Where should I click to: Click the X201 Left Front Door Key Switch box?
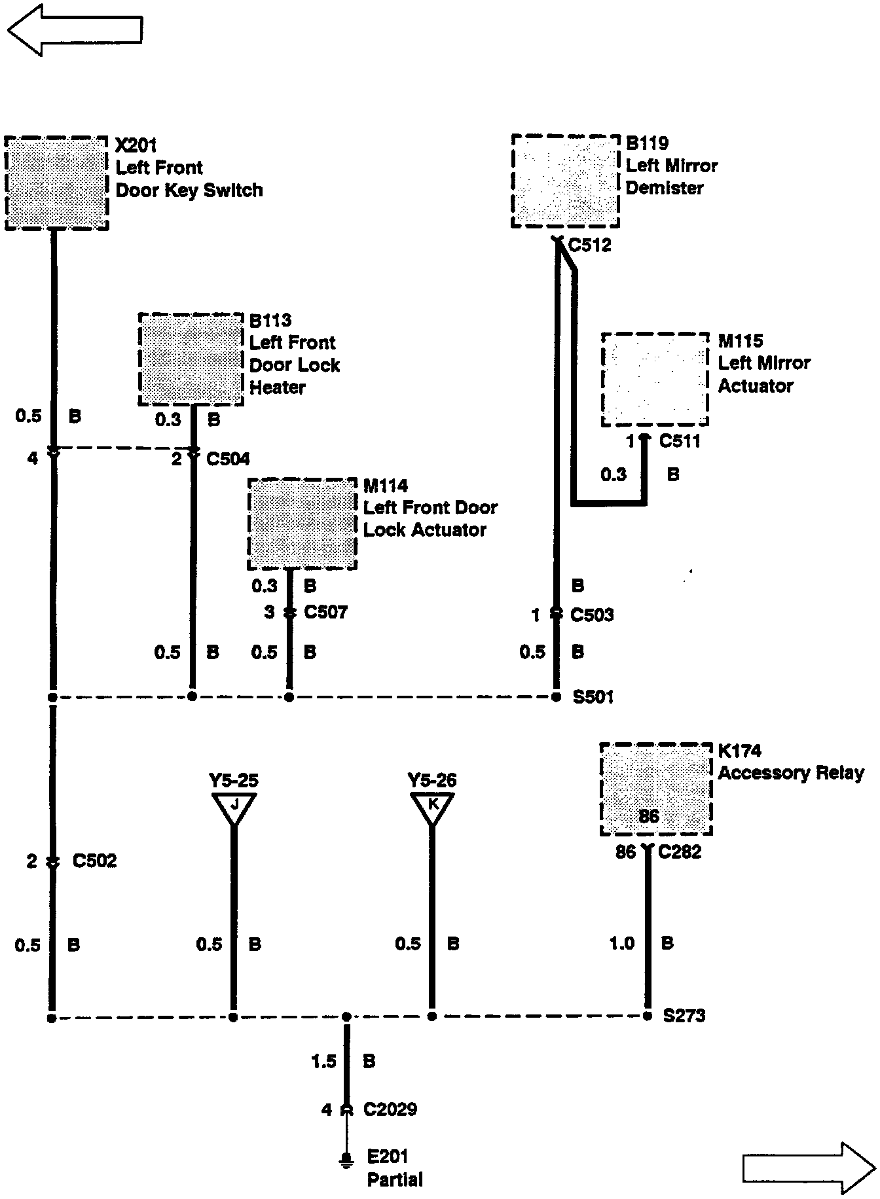pos(56,183)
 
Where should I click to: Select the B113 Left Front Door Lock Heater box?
pos(191,359)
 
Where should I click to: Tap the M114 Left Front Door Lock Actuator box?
pos(302,524)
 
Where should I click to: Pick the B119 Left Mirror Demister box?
pos(565,181)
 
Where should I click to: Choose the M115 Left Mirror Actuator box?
pos(655,379)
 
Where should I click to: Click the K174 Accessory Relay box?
pos(655,789)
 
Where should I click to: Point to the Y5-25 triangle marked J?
pos(234,807)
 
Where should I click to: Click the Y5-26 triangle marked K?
pos(432,806)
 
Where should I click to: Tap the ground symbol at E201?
pos(345,1160)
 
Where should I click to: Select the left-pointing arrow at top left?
pos(75,29)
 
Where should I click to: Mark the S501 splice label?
pos(593,696)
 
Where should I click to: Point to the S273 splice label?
pos(684,1016)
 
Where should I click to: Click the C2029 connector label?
pos(390,1109)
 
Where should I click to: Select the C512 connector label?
pos(589,245)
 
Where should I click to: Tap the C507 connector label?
pos(326,613)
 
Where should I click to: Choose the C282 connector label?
pos(680,851)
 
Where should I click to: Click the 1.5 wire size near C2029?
pos(323,1062)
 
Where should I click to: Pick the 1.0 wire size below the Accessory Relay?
pos(621,943)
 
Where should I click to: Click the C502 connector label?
pos(94,861)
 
